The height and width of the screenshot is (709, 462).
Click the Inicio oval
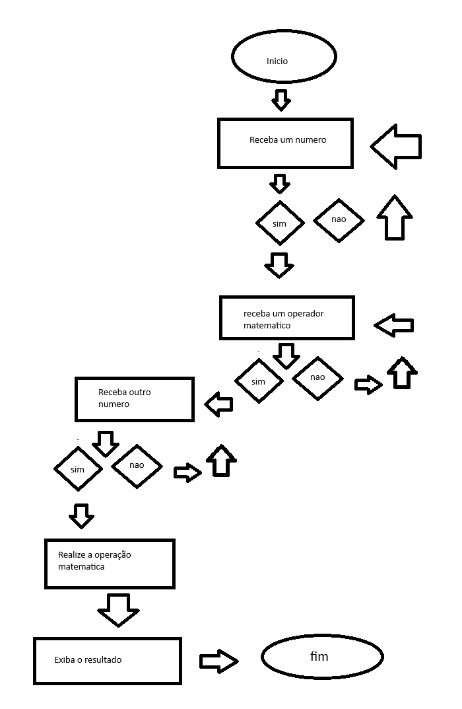coord(284,57)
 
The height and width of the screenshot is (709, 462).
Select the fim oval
coord(322,657)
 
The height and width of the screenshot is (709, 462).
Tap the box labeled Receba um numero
coord(285,143)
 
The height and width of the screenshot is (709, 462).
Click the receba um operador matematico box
coord(286,318)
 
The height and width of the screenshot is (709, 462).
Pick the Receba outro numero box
coord(135,399)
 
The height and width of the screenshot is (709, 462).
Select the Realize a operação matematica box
coord(110,564)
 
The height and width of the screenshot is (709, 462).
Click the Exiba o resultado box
coord(108,660)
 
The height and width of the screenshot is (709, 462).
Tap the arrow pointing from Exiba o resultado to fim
coord(218,661)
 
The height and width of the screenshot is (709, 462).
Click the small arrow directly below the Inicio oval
coord(281,100)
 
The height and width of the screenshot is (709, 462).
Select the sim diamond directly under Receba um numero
coord(280,223)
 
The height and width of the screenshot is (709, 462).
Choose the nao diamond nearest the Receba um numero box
coord(339,219)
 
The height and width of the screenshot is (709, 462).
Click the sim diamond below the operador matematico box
coord(259,381)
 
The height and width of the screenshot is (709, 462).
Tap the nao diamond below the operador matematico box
coord(317,378)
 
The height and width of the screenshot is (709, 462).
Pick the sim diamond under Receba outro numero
coord(78,469)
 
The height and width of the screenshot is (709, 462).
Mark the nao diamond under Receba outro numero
coord(137,465)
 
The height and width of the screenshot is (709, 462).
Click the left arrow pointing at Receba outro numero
coord(219,404)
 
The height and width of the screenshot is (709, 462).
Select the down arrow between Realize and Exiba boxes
coord(118,609)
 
